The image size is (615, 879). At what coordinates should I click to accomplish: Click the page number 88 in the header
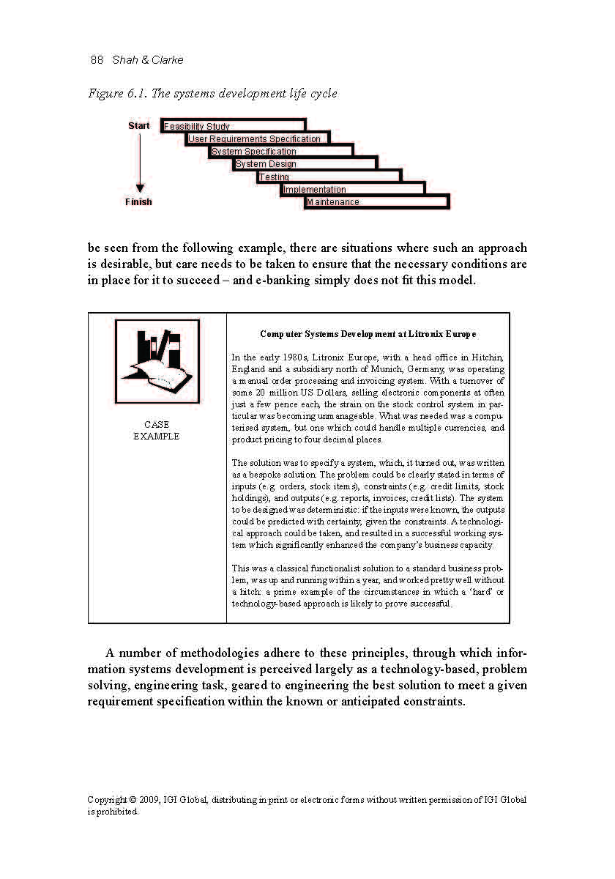click(97, 60)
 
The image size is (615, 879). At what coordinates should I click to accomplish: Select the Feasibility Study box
click(233, 126)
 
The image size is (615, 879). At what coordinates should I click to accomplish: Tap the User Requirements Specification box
click(257, 138)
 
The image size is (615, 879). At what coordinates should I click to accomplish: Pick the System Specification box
click(281, 151)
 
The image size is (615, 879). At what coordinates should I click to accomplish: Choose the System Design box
click(305, 163)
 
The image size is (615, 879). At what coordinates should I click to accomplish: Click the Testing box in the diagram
click(329, 177)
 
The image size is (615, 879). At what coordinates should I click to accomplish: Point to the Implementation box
click(353, 189)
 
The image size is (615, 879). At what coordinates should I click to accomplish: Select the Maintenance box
click(376, 201)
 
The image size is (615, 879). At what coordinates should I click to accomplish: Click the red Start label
click(138, 126)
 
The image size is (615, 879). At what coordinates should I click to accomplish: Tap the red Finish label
click(138, 202)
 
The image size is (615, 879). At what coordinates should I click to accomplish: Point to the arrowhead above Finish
click(139, 188)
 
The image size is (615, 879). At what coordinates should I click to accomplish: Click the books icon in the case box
click(157, 362)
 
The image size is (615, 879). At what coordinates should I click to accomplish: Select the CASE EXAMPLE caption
click(157, 431)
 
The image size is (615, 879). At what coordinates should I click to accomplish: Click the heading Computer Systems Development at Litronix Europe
click(368, 334)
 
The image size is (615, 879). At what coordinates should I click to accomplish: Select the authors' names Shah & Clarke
click(148, 60)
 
